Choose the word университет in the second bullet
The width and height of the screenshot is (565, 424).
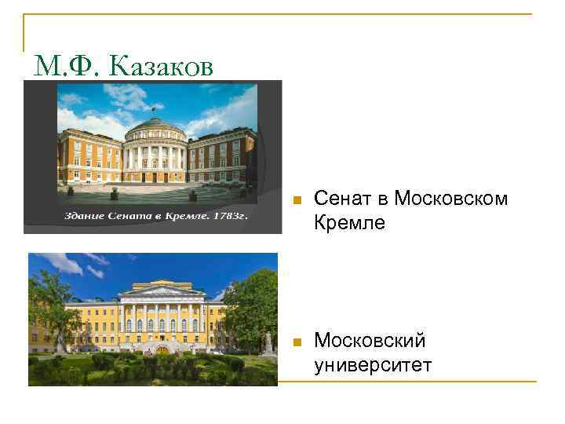coord(373,364)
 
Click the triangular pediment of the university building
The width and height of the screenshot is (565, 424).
coord(161,291)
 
